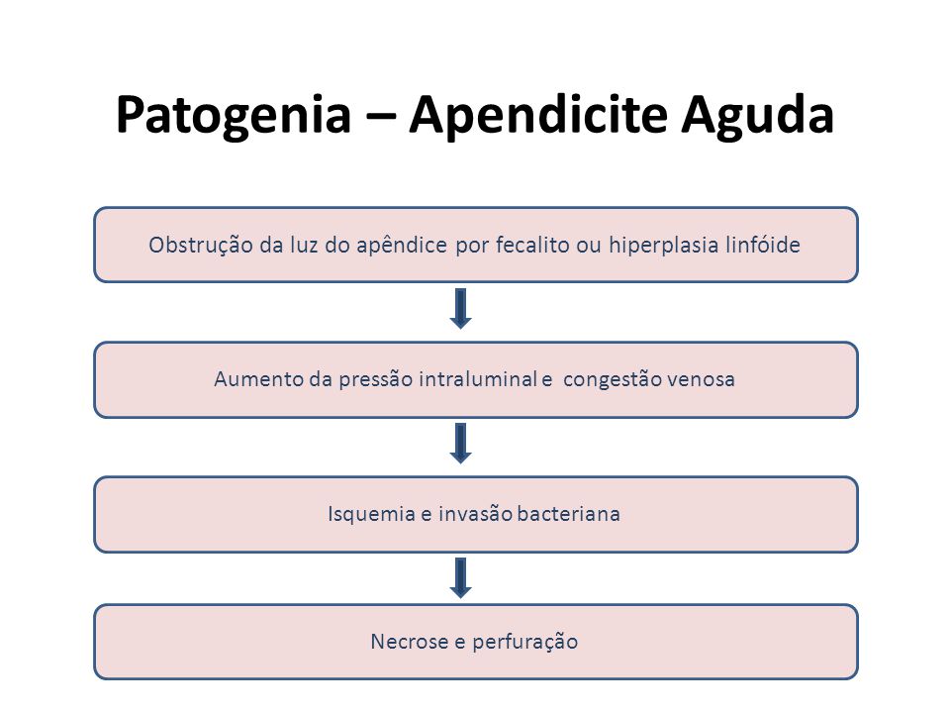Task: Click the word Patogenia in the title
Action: click(x=234, y=116)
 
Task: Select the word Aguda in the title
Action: click(x=757, y=116)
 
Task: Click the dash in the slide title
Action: click(x=380, y=115)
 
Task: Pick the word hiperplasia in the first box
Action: click(x=663, y=246)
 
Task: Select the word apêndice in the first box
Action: click(x=402, y=246)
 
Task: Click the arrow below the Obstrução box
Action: click(x=460, y=309)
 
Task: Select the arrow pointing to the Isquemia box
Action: click(x=460, y=444)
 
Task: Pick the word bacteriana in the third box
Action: click(x=569, y=514)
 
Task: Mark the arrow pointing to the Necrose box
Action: click(x=460, y=577)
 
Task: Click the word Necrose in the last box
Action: click(x=410, y=642)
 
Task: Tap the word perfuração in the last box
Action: click(x=525, y=643)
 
